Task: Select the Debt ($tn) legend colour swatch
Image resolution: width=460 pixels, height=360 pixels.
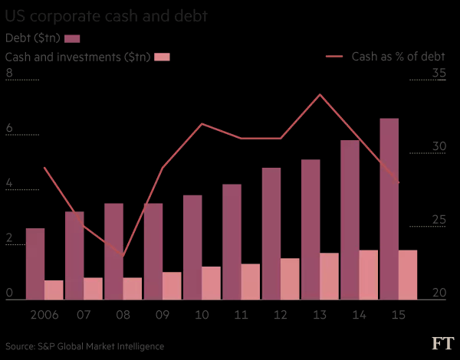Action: pos(72,38)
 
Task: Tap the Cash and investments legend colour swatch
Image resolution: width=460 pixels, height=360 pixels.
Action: pos(161,57)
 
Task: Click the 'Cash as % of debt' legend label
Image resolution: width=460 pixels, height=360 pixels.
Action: pos(398,56)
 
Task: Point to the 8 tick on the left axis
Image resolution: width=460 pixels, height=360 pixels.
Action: pos(9,74)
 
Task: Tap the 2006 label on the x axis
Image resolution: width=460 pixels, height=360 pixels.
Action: pos(44,315)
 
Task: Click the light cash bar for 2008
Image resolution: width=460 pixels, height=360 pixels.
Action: pos(133,288)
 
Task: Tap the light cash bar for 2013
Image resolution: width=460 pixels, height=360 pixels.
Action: pos(329,276)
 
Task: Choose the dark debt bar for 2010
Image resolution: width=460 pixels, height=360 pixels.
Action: pos(192,247)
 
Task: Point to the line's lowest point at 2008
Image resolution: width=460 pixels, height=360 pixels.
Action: pos(123,256)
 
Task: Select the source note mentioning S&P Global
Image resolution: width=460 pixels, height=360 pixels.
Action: pos(84,346)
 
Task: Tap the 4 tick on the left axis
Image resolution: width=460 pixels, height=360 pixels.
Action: pos(9,184)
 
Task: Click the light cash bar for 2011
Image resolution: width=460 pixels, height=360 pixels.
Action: pos(251,281)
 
